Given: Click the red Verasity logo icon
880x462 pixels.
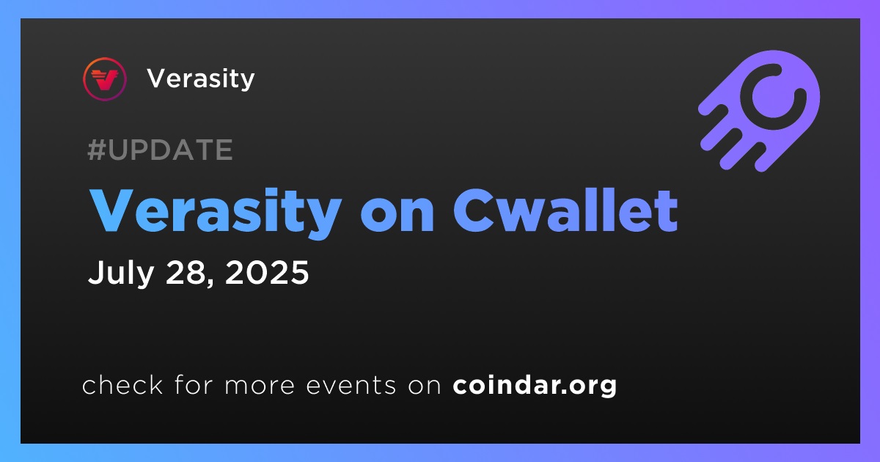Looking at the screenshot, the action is pos(104,79).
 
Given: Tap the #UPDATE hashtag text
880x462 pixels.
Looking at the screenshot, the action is pos(161,150).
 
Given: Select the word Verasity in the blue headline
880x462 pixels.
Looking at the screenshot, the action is pos(216,212).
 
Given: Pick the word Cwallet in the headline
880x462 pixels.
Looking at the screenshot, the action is pos(566,211).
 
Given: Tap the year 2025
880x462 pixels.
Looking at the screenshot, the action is pos(267,272).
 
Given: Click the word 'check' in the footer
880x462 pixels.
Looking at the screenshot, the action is pos(122,384).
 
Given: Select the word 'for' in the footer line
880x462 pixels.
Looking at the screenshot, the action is pos(194,384).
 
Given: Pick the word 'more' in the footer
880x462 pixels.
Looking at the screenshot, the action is pos(260,386).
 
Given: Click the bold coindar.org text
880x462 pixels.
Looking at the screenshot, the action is pos(535,386).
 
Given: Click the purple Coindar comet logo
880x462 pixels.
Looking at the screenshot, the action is pos(759,111).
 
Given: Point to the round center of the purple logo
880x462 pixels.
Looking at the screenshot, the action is pos(773,97).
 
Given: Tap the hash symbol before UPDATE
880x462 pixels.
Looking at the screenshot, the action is pos(97,150).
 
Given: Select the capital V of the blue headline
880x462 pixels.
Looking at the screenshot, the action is pos(114,210).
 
